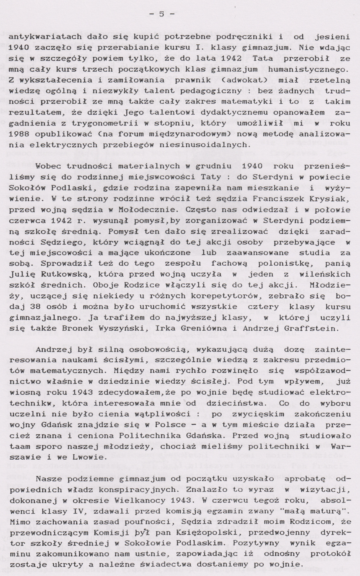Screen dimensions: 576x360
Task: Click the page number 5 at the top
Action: (x=162, y=14)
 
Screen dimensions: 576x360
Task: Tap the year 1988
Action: (x=18, y=134)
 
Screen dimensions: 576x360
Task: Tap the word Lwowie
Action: (x=91, y=457)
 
